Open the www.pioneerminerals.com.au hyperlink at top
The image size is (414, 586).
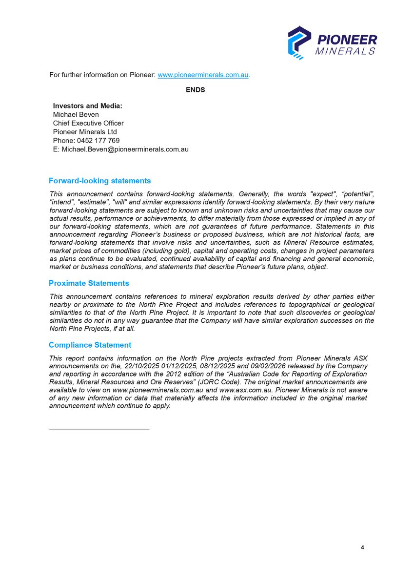pyautogui.click(x=204, y=75)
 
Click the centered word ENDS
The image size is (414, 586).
pyautogui.click(x=196, y=90)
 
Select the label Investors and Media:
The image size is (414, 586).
pyautogui.click(x=87, y=105)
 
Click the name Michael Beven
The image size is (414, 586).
pyautogui.click(x=76, y=114)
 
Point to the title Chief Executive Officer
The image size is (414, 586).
pyautogui.click(x=88, y=123)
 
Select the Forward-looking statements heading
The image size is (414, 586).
pyautogui.click(x=99, y=181)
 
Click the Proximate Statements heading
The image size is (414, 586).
pyautogui.click(x=89, y=283)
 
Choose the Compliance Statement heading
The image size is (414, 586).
pyautogui.click(x=90, y=345)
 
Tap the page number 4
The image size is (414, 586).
pyautogui.click(x=362, y=547)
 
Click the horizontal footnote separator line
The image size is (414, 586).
pyautogui.click(x=99, y=428)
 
